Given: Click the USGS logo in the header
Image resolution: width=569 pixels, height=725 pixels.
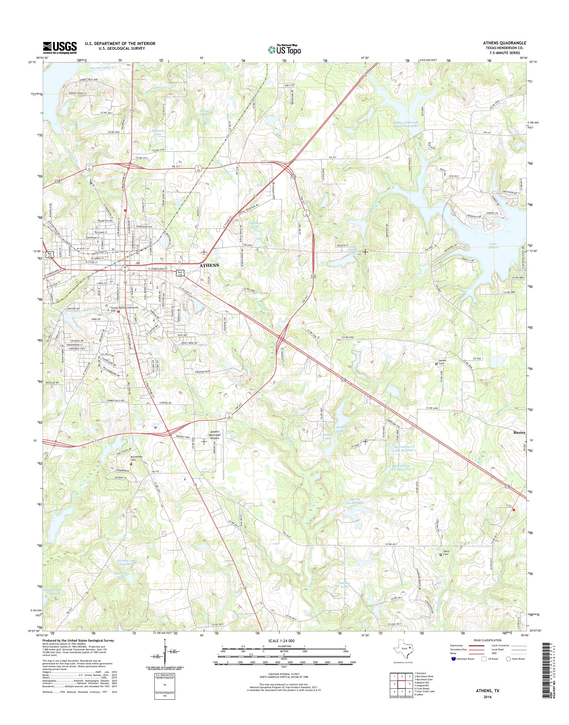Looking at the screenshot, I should [x=60, y=47].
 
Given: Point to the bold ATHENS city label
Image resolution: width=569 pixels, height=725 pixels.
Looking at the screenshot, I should [x=209, y=265].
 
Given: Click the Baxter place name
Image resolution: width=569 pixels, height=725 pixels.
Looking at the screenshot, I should [x=519, y=432].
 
